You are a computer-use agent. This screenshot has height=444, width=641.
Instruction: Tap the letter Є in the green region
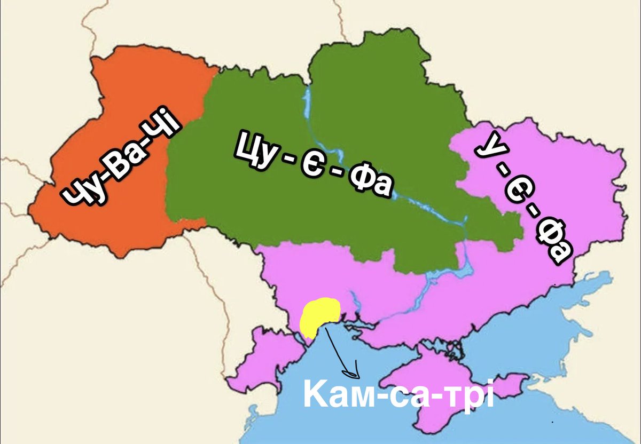[x=314, y=165]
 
